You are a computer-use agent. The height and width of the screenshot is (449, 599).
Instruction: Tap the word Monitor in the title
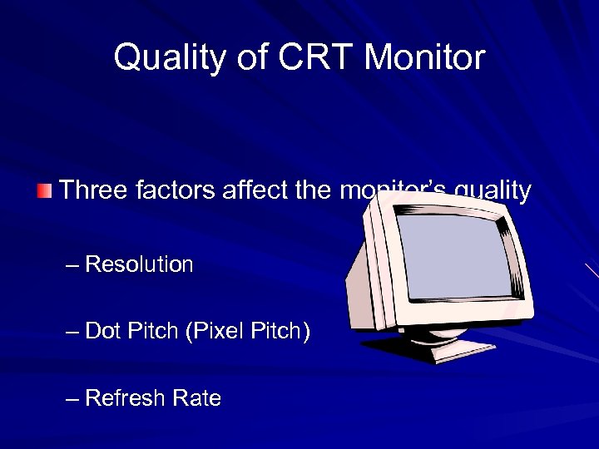point(424,57)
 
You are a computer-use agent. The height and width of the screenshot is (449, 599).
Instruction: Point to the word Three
point(90,191)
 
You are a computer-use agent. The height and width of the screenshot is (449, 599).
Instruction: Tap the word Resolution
point(139,264)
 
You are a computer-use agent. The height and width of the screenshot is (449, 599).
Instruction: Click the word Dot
point(102,331)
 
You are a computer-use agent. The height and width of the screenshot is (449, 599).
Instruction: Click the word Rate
point(196,398)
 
